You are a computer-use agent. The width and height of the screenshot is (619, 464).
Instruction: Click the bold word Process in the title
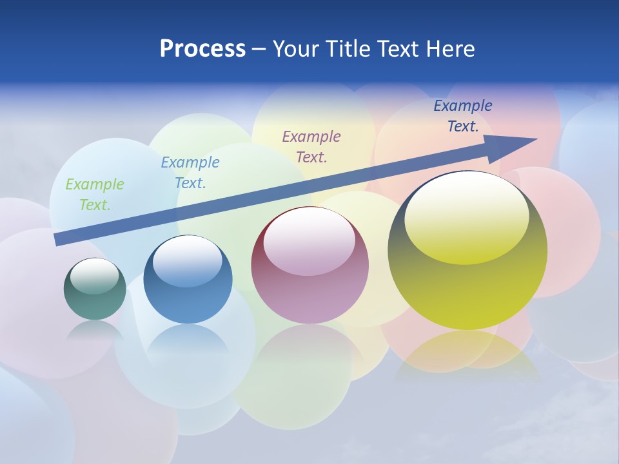tap(202, 49)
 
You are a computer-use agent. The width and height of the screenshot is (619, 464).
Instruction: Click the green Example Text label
tap(94, 195)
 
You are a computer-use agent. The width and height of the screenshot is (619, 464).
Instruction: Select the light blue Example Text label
tap(190, 173)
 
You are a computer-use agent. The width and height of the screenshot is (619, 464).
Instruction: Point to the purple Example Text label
tap(311, 147)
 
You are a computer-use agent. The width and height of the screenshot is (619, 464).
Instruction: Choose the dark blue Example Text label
tap(462, 116)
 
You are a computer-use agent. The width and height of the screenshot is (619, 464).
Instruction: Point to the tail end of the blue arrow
tap(58, 239)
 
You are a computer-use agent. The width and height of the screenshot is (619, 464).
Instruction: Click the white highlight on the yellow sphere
tap(466, 216)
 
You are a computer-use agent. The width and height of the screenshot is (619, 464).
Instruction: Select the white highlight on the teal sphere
tap(94, 276)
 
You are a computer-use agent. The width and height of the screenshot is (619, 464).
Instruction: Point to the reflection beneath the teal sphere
tap(95, 331)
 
